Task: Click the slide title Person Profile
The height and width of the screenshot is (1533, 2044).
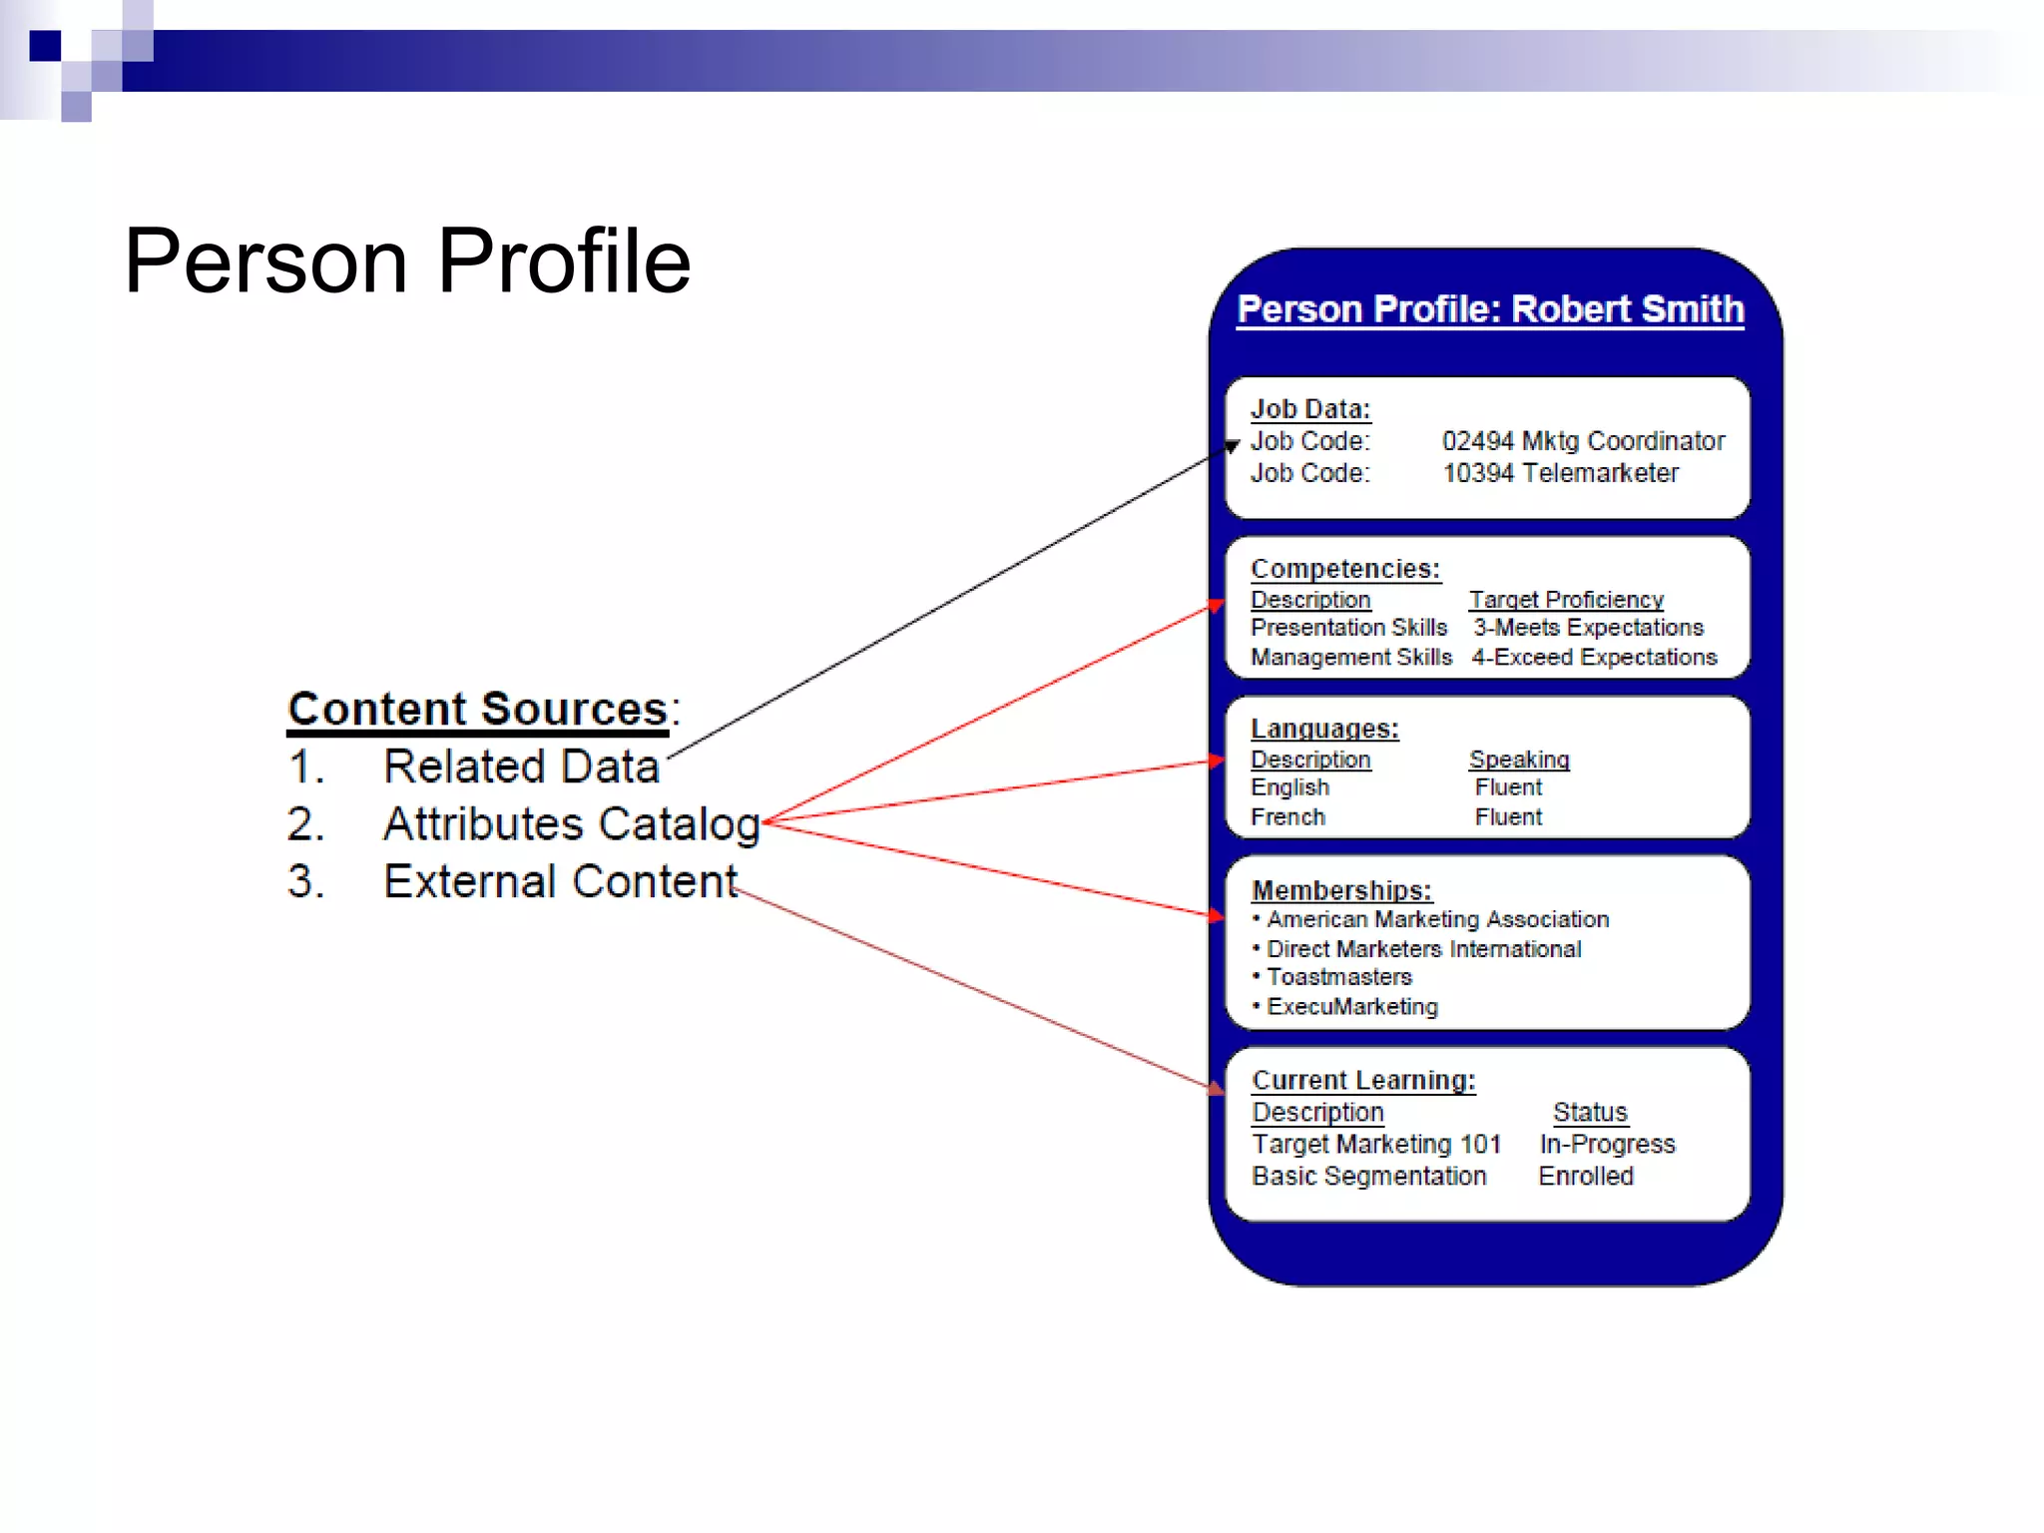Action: [407, 261]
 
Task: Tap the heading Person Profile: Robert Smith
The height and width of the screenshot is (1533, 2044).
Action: [1490, 309]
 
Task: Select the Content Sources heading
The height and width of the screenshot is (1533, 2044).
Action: [477, 710]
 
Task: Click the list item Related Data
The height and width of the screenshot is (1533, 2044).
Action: [521, 766]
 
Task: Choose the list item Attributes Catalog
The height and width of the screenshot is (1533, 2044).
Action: [571, 824]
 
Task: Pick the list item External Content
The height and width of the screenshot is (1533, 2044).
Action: [560, 882]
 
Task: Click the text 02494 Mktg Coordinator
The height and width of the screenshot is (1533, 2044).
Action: [1583, 441]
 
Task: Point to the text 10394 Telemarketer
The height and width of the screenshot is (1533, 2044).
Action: [1560, 473]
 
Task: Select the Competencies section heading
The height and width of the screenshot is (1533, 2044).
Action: [1344, 569]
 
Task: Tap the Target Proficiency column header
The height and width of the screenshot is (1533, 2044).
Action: [1566, 600]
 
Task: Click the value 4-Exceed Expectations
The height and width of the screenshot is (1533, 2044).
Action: [1594, 658]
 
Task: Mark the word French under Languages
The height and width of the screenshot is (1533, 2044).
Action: [1287, 817]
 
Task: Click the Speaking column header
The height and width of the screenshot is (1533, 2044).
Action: [1519, 760]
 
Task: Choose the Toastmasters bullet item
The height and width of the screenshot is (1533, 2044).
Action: [1338, 977]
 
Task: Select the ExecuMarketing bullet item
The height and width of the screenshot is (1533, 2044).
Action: [1351, 1007]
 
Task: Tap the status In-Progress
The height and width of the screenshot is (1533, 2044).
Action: [1607, 1144]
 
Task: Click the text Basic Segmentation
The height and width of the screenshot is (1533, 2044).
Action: [1368, 1176]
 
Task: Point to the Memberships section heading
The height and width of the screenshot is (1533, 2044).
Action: [1341, 890]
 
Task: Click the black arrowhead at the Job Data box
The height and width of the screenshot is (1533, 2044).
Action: [1232, 446]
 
